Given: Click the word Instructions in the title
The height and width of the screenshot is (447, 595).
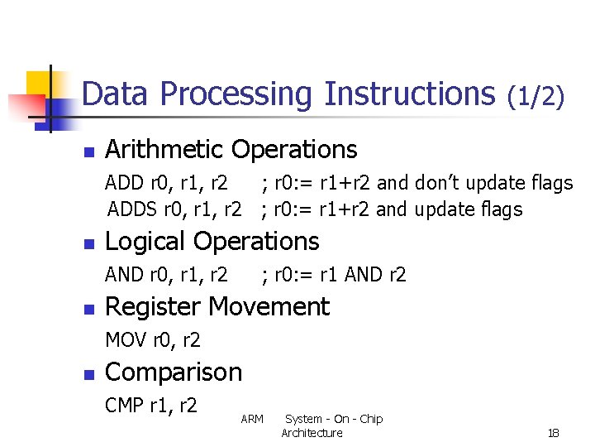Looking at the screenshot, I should [409, 94].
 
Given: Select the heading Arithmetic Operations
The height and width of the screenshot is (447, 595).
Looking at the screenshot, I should [231, 150].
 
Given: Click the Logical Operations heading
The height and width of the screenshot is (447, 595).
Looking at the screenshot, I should [212, 242].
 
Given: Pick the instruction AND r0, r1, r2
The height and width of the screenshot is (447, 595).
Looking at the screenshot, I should [167, 275].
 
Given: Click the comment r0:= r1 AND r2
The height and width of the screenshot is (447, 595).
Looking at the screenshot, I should [334, 275].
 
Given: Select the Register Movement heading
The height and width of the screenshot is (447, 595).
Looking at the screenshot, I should [217, 307].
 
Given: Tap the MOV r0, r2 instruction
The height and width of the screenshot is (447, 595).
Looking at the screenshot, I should [153, 340].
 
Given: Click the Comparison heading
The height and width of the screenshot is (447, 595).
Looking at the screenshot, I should [174, 372].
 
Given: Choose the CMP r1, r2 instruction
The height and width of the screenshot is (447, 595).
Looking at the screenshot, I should [151, 406].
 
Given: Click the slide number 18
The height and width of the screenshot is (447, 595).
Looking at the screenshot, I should [554, 433].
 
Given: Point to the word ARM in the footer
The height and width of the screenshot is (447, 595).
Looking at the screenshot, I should [252, 420].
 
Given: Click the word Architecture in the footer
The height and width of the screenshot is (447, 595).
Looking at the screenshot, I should [312, 433].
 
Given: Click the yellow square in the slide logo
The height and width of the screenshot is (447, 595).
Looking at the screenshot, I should [39, 83].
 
